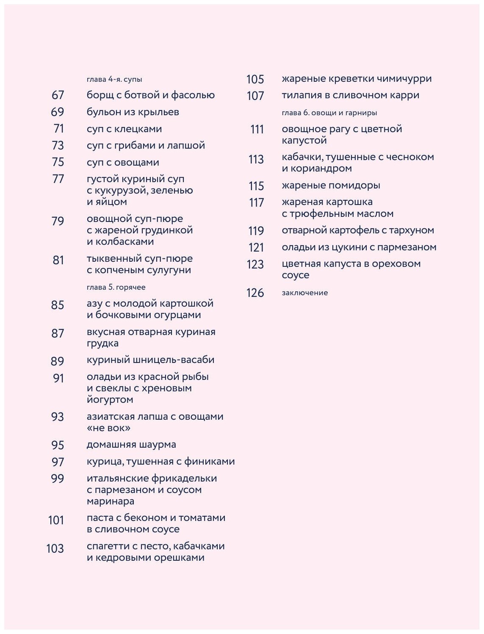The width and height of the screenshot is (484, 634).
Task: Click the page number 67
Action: coord(58,95)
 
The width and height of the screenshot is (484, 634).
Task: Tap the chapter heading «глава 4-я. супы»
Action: coord(114,79)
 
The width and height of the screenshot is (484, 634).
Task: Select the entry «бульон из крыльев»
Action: coord(133,112)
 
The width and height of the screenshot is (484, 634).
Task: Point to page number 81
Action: coord(58,260)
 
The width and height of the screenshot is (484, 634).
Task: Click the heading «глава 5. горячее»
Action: coord(116,287)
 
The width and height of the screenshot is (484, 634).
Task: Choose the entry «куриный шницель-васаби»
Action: coord(150,360)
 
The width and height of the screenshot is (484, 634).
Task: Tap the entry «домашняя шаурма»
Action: coord(131,445)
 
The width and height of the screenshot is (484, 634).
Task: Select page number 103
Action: coord(55,549)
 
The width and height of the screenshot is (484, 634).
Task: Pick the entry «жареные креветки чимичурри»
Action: coord(357,79)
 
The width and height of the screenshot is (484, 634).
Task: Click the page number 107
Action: coord(255,96)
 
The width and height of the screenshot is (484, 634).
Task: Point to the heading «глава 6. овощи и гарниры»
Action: coord(329,113)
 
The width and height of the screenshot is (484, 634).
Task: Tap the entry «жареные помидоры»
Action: coord(331,185)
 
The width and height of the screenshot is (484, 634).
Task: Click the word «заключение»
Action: coord(304,293)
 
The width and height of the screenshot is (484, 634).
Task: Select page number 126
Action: coord(255,293)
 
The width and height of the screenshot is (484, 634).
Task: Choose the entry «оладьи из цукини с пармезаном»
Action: coord(359,247)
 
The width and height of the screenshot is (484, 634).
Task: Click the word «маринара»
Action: coord(110,501)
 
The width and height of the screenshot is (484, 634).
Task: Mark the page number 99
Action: coord(58,479)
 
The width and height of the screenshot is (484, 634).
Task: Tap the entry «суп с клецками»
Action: coord(124,129)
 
